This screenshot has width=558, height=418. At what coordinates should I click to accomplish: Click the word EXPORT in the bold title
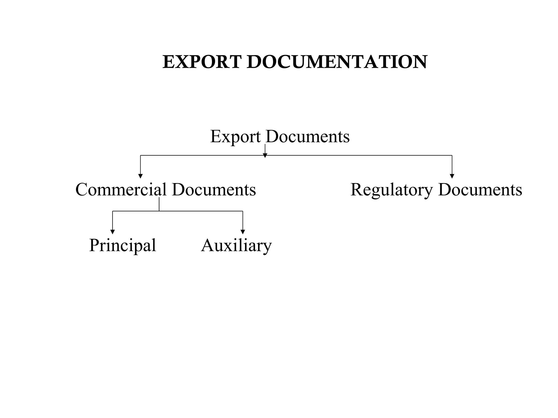pos(202,62)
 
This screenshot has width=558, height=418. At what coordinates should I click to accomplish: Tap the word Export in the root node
pos(235,137)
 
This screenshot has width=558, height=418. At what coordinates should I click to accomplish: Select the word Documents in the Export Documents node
pos(308,136)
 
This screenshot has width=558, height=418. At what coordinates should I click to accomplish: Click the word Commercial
pos(121,189)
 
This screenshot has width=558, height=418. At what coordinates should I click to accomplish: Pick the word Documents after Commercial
pos(214,189)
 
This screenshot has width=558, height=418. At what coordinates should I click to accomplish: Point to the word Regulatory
pos(392,190)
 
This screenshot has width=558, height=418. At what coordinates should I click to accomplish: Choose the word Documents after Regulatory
pos(480,189)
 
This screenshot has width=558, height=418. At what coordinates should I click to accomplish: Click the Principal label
pos(123,245)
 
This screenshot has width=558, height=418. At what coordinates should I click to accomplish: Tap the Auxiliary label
pos(236,245)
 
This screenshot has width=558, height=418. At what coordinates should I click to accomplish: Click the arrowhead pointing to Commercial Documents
pos(140,176)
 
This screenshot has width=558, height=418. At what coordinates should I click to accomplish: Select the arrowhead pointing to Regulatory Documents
pos(452,176)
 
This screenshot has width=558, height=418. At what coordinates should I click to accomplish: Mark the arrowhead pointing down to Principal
pos(113,232)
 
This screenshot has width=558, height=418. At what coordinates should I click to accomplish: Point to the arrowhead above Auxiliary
pos(243,232)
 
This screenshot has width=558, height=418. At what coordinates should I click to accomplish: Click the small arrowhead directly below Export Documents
pos(265,156)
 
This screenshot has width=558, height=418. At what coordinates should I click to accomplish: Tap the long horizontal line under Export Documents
pos(354,155)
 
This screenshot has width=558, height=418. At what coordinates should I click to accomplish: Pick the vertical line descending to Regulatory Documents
pos(452,165)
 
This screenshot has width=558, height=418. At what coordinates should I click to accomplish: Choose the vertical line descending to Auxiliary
pos(243,220)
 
